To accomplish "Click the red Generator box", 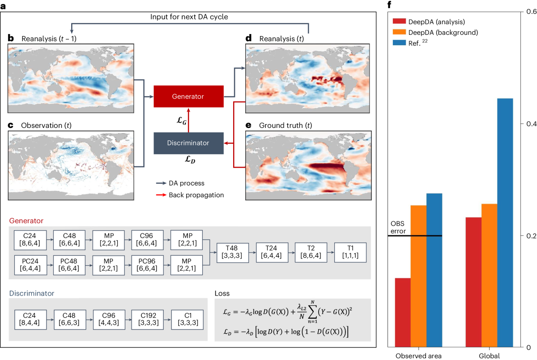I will coord(188,96).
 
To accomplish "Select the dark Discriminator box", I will coord(188,143).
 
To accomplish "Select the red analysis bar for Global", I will coord(473,282).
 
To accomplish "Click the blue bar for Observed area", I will coord(435,270).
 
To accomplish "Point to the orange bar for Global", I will coord(489,275).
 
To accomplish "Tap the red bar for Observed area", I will coord(403,313).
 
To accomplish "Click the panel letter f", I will coord(390,5).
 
